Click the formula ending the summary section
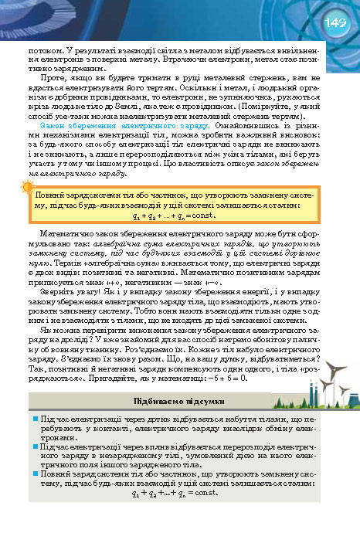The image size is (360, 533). click(x=172, y=492)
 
